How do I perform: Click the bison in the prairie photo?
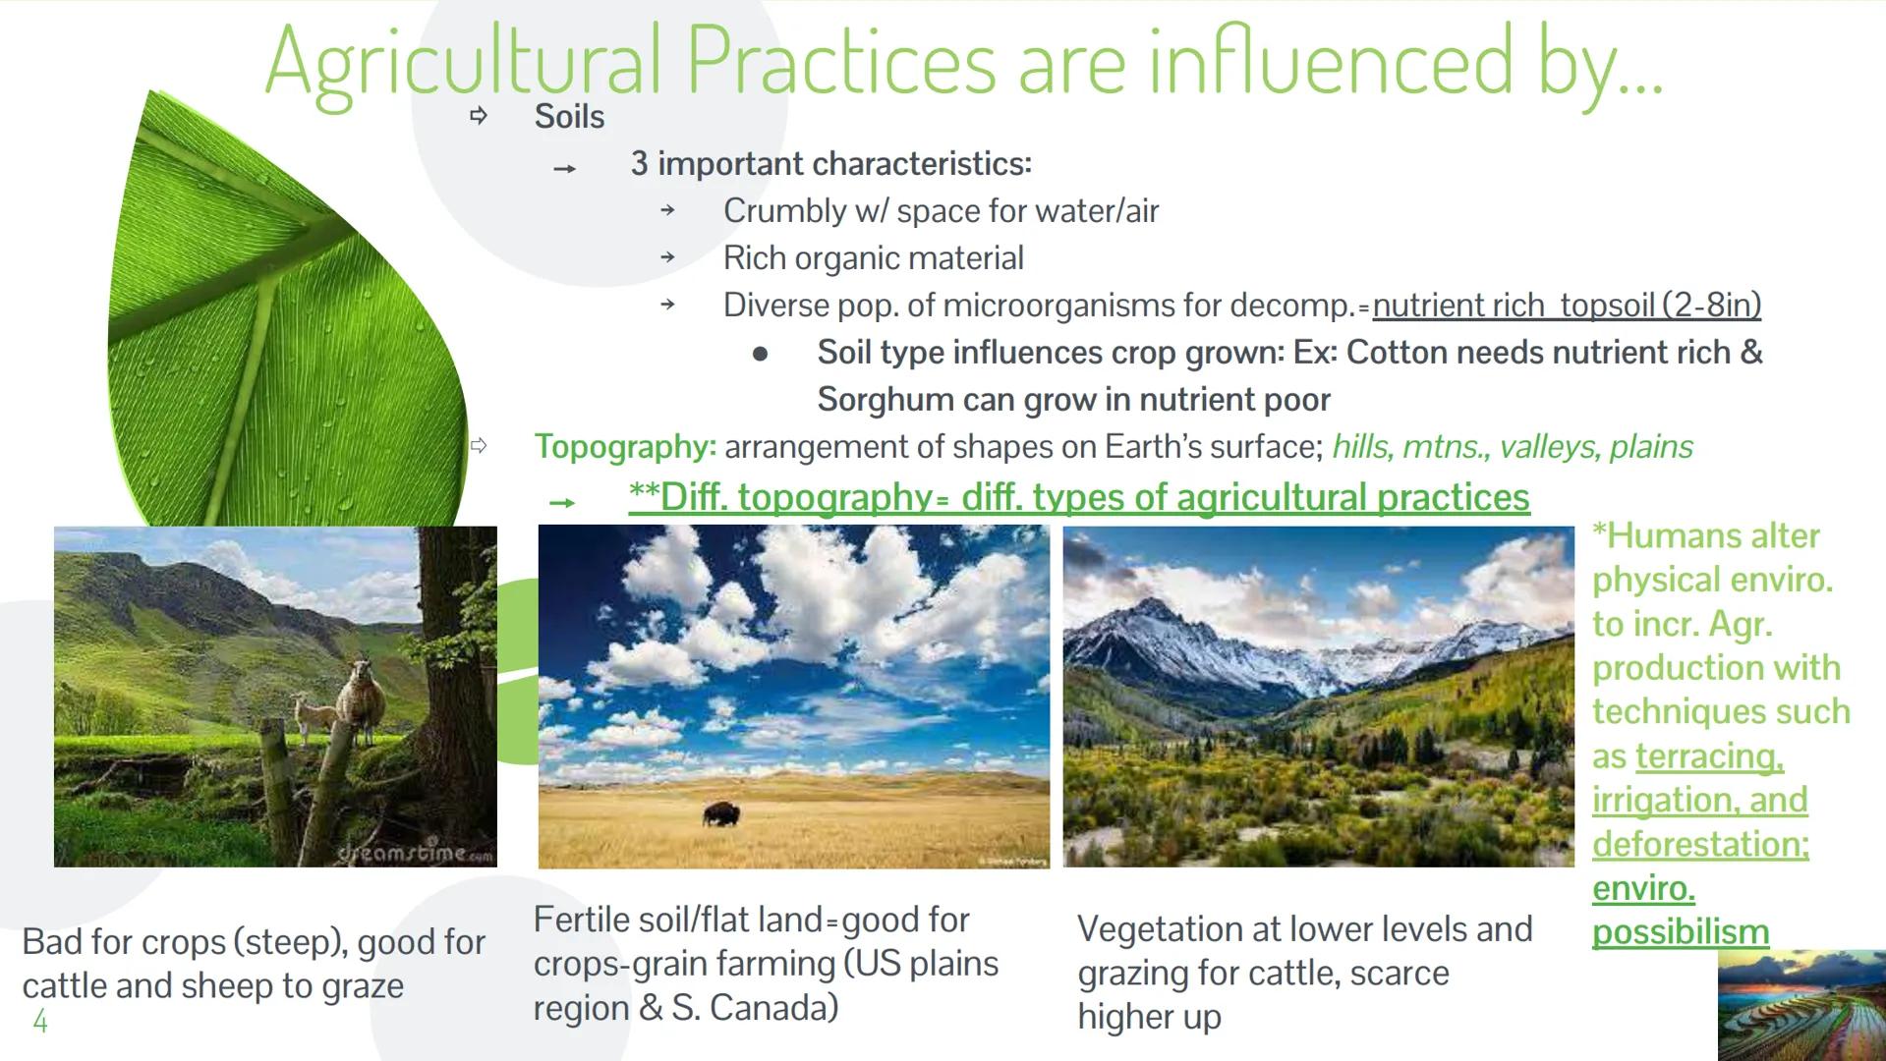pos(722,813)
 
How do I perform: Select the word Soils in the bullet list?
pos(569,117)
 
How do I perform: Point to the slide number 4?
pos(40,1022)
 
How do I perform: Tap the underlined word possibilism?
pos(1680,931)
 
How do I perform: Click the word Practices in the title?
pos(841,61)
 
